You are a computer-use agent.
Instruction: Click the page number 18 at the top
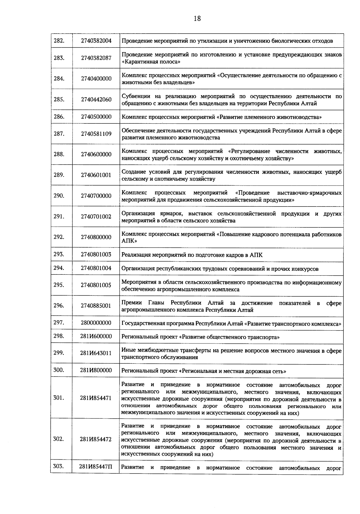(197, 19)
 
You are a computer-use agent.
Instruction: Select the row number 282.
(59, 41)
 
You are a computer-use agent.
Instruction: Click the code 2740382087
(96, 58)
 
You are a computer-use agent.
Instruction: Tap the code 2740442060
(96, 100)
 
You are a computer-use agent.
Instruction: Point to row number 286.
(59, 116)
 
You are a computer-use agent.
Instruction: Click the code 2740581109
(96, 134)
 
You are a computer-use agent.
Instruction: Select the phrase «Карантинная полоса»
(151, 62)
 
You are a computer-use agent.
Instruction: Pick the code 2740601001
(96, 175)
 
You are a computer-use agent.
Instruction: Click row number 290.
(59, 196)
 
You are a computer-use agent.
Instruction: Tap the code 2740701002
(96, 216)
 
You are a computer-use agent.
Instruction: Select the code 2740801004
(96, 268)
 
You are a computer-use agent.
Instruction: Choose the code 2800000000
(96, 323)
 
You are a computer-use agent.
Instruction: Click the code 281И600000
(96, 336)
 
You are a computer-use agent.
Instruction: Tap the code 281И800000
(96, 370)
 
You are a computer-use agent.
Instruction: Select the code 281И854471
(96, 398)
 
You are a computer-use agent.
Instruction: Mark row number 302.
(59, 439)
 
